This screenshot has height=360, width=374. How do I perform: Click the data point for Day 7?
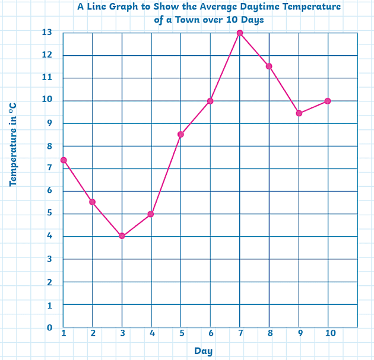click(240, 33)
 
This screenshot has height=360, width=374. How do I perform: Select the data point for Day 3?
click(122, 236)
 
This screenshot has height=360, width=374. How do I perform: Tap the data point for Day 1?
click(64, 160)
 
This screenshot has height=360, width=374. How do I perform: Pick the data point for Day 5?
click(180, 135)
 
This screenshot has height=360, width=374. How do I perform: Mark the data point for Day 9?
click(299, 113)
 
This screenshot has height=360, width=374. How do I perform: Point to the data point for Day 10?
click(328, 101)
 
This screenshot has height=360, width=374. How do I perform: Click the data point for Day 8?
click(269, 66)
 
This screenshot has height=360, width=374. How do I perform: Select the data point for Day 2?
click(93, 202)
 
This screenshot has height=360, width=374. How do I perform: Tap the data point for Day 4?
click(151, 214)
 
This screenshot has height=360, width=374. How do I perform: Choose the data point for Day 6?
click(210, 101)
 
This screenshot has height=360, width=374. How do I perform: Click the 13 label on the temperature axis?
click(47, 32)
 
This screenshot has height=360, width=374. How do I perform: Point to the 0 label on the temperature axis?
click(50, 327)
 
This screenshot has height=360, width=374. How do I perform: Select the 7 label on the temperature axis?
click(50, 168)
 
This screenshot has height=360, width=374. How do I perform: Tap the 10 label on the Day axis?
click(329, 333)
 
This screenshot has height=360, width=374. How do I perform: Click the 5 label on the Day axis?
click(182, 333)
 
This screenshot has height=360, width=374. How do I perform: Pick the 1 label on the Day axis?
click(64, 333)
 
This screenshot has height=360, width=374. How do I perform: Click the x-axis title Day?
click(203, 351)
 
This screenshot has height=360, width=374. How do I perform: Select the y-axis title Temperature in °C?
click(13, 144)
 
